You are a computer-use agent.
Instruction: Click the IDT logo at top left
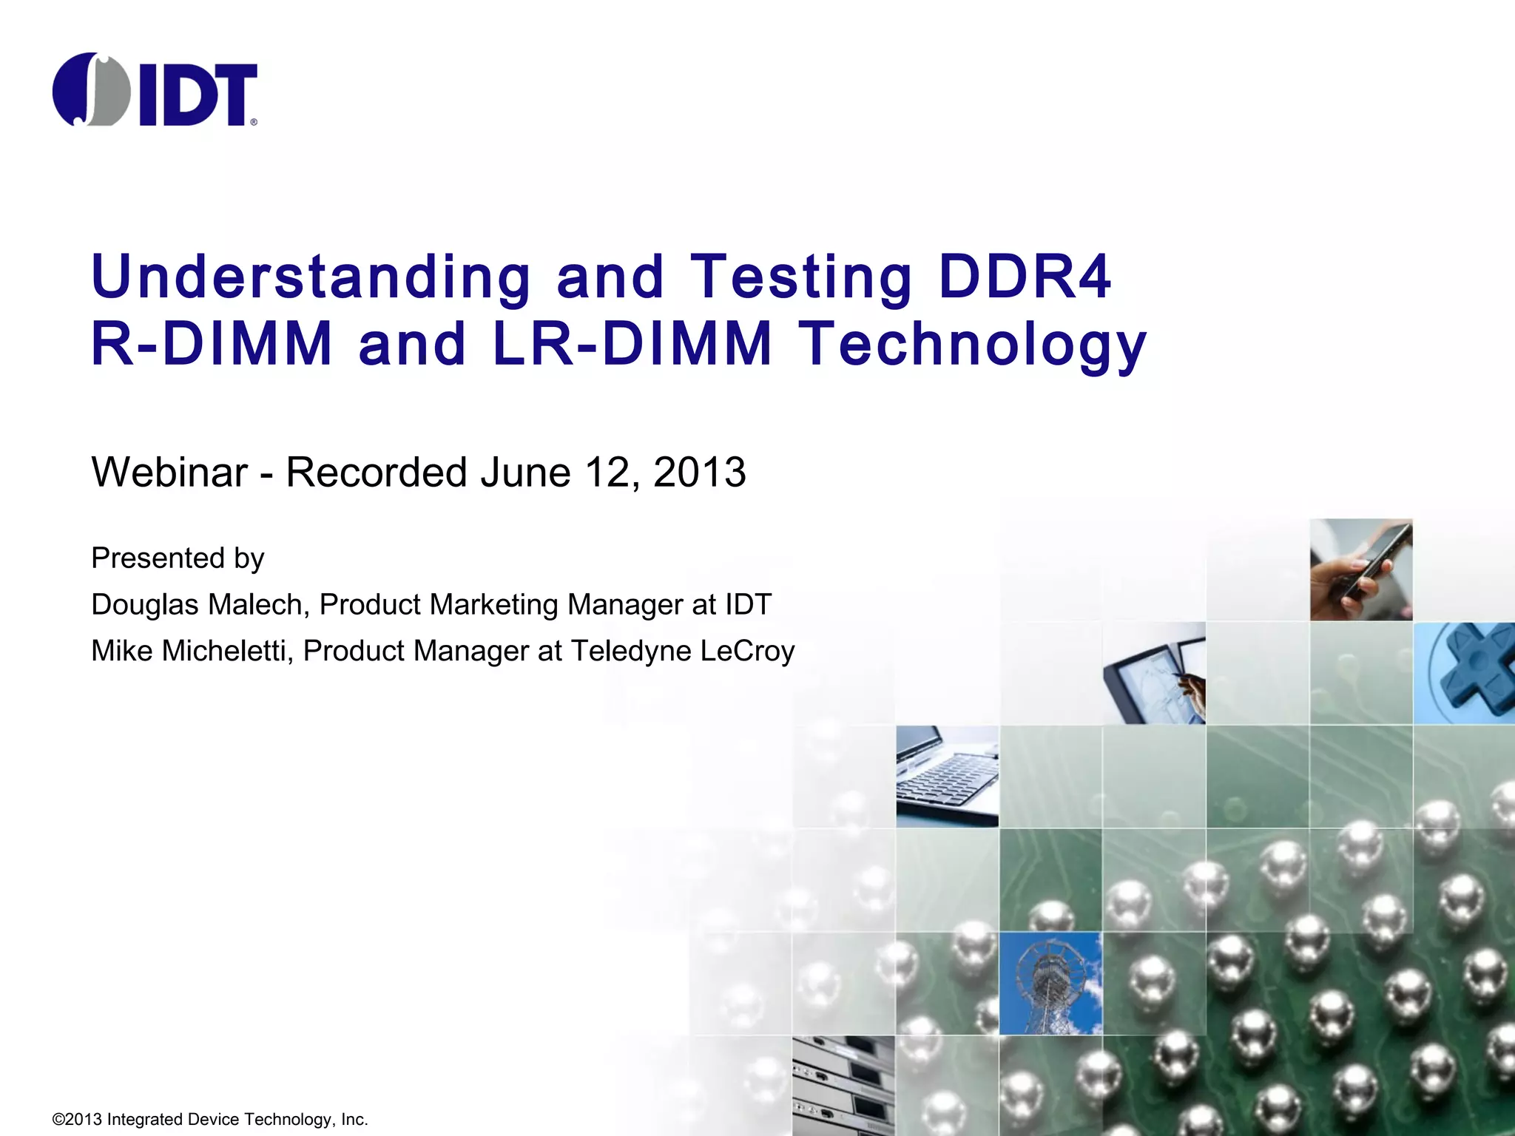click(x=155, y=89)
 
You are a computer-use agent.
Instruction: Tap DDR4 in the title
click(x=1025, y=277)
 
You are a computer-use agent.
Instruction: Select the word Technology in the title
click(x=975, y=345)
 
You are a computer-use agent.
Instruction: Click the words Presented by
click(x=178, y=558)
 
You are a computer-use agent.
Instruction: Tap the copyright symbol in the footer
click(x=58, y=1119)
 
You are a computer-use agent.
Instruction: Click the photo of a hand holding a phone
click(x=1361, y=569)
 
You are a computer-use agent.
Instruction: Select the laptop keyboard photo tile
click(x=947, y=776)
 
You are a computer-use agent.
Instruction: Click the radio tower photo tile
click(x=1050, y=983)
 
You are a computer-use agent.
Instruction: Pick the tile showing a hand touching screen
click(x=1154, y=672)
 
